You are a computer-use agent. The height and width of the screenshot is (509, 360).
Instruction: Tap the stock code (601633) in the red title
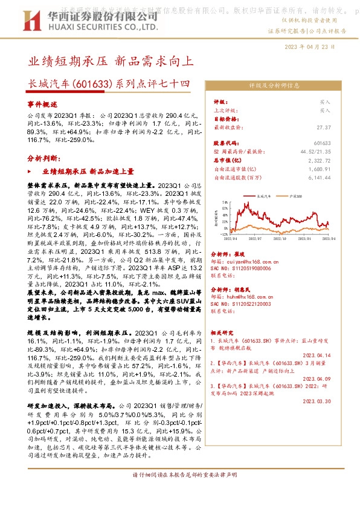(x=90, y=85)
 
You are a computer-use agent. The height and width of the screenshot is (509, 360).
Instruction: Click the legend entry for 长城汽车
(x=266, y=197)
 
